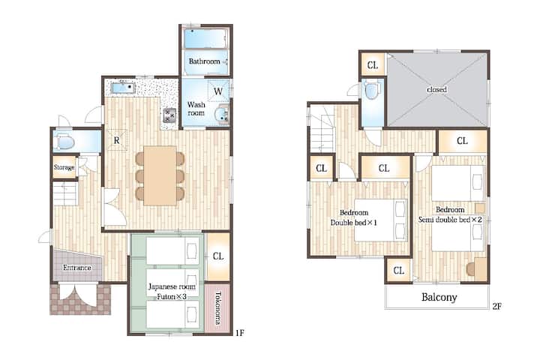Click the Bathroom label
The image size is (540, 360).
pos(204,61)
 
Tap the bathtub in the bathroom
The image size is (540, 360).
pos(206,38)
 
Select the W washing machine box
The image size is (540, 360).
pos(218,91)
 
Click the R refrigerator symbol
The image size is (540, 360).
pos(117,139)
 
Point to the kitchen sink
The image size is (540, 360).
pos(123,88)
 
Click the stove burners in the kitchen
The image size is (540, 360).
pos(169,115)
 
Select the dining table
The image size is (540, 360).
pos(160,175)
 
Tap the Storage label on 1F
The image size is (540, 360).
pos(64,167)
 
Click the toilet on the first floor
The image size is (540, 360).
pos(65,142)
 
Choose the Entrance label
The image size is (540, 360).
pos(77,267)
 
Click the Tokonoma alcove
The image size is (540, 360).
pos(217,308)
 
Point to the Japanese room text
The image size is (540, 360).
pos(172,286)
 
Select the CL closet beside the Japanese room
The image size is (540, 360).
pos(218,256)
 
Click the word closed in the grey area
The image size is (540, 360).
pos(436,89)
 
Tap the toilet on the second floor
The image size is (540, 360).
pos(372,90)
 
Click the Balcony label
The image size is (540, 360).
pos(439,297)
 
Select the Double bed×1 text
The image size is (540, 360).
pos(354,223)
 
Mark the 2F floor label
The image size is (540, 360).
pos(496,306)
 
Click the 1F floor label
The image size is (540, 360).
pos(240,332)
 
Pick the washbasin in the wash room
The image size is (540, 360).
pos(221,114)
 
